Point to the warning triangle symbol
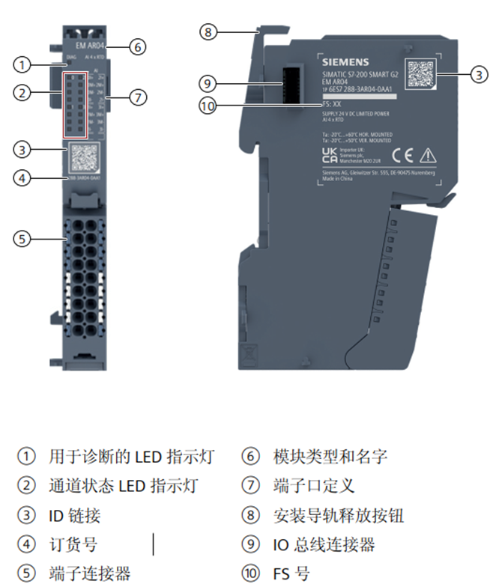click(x=427, y=156)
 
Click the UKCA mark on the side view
click(x=329, y=155)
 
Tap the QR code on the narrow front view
click(x=83, y=159)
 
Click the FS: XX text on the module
click(x=332, y=104)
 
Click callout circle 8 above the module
click(x=208, y=31)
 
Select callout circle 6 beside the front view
click(x=136, y=46)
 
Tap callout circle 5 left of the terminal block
click(x=24, y=239)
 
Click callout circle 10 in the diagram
click(x=208, y=106)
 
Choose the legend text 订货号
click(x=73, y=544)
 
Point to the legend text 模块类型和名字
click(x=330, y=456)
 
